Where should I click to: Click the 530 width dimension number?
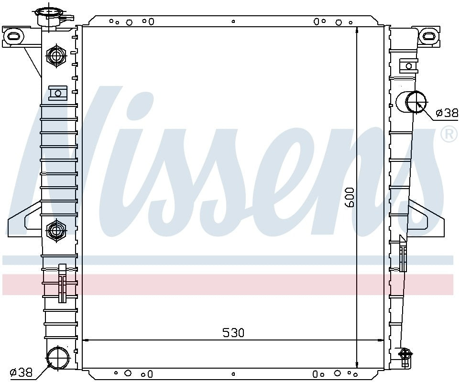[233, 333]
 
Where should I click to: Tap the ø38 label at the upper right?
[447, 113]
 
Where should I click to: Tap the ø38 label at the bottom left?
[21, 372]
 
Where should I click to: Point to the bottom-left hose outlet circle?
[58, 357]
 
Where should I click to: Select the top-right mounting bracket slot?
[429, 35]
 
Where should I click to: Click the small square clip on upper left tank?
[58, 92]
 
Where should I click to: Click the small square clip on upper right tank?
[408, 66]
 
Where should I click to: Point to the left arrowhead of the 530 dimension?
[86, 340]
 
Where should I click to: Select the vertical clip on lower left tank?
[62, 283]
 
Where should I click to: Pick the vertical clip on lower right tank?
[403, 254]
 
